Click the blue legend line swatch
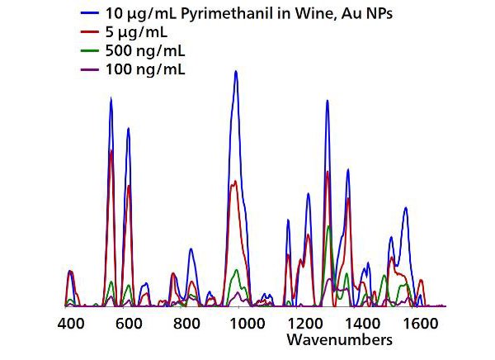(x=89, y=16)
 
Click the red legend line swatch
(x=89, y=34)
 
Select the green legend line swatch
(x=89, y=52)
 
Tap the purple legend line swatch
(x=89, y=69)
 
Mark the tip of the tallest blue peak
(x=236, y=71)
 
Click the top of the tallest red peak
(x=111, y=150)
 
